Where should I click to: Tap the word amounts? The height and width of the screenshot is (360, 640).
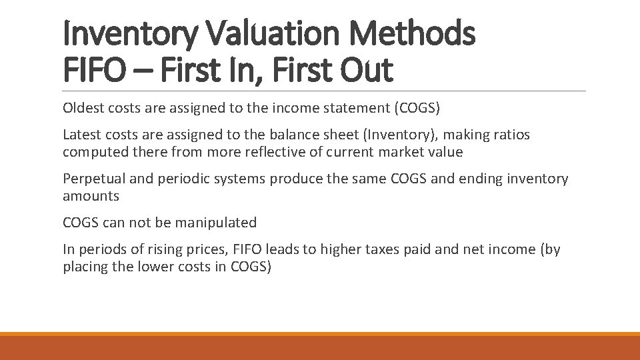click(x=91, y=196)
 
